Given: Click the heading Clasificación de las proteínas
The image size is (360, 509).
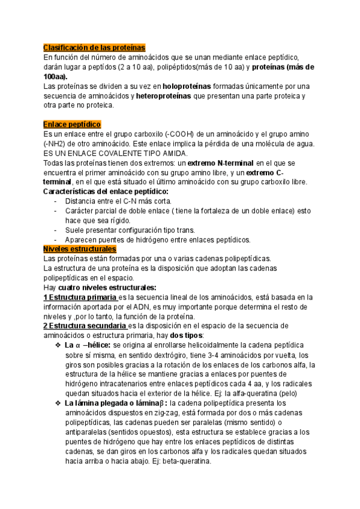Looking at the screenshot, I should click(95, 48).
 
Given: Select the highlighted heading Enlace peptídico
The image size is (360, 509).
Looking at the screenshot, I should click(73, 124).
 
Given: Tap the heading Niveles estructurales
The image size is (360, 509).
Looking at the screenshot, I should click(80, 248).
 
